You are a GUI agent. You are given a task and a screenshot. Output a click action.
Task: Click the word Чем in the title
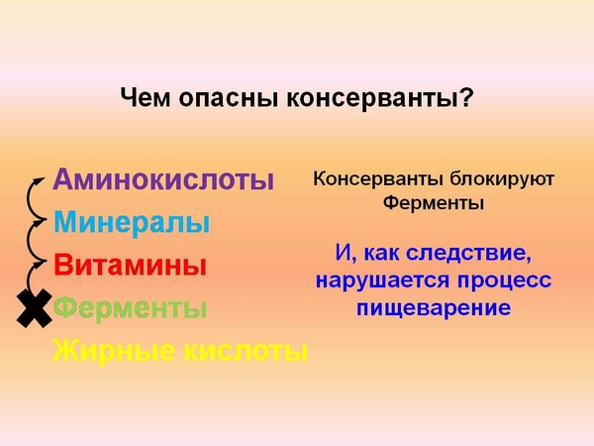(146, 98)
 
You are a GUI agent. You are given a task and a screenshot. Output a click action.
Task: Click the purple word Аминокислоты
(163, 179)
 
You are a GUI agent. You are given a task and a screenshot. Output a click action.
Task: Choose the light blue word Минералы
(132, 223)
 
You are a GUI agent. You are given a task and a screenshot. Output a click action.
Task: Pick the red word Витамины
(130, 265)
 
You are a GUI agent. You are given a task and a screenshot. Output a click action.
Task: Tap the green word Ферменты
(130, 308)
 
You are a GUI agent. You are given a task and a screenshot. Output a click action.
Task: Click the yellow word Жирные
(114, 351)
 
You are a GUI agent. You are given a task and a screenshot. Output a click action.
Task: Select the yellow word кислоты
(246, 351)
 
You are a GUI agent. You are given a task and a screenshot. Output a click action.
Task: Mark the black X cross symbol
(34, 308)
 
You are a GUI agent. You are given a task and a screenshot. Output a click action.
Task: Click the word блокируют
(502, 179)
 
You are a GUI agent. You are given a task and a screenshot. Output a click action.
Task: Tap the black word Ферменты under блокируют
(434, 203)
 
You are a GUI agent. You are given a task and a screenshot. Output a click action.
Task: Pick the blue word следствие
(468, 254)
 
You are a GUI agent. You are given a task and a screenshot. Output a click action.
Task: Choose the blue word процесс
(504, 281)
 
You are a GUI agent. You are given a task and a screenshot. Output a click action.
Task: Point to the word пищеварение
(434, 308)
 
